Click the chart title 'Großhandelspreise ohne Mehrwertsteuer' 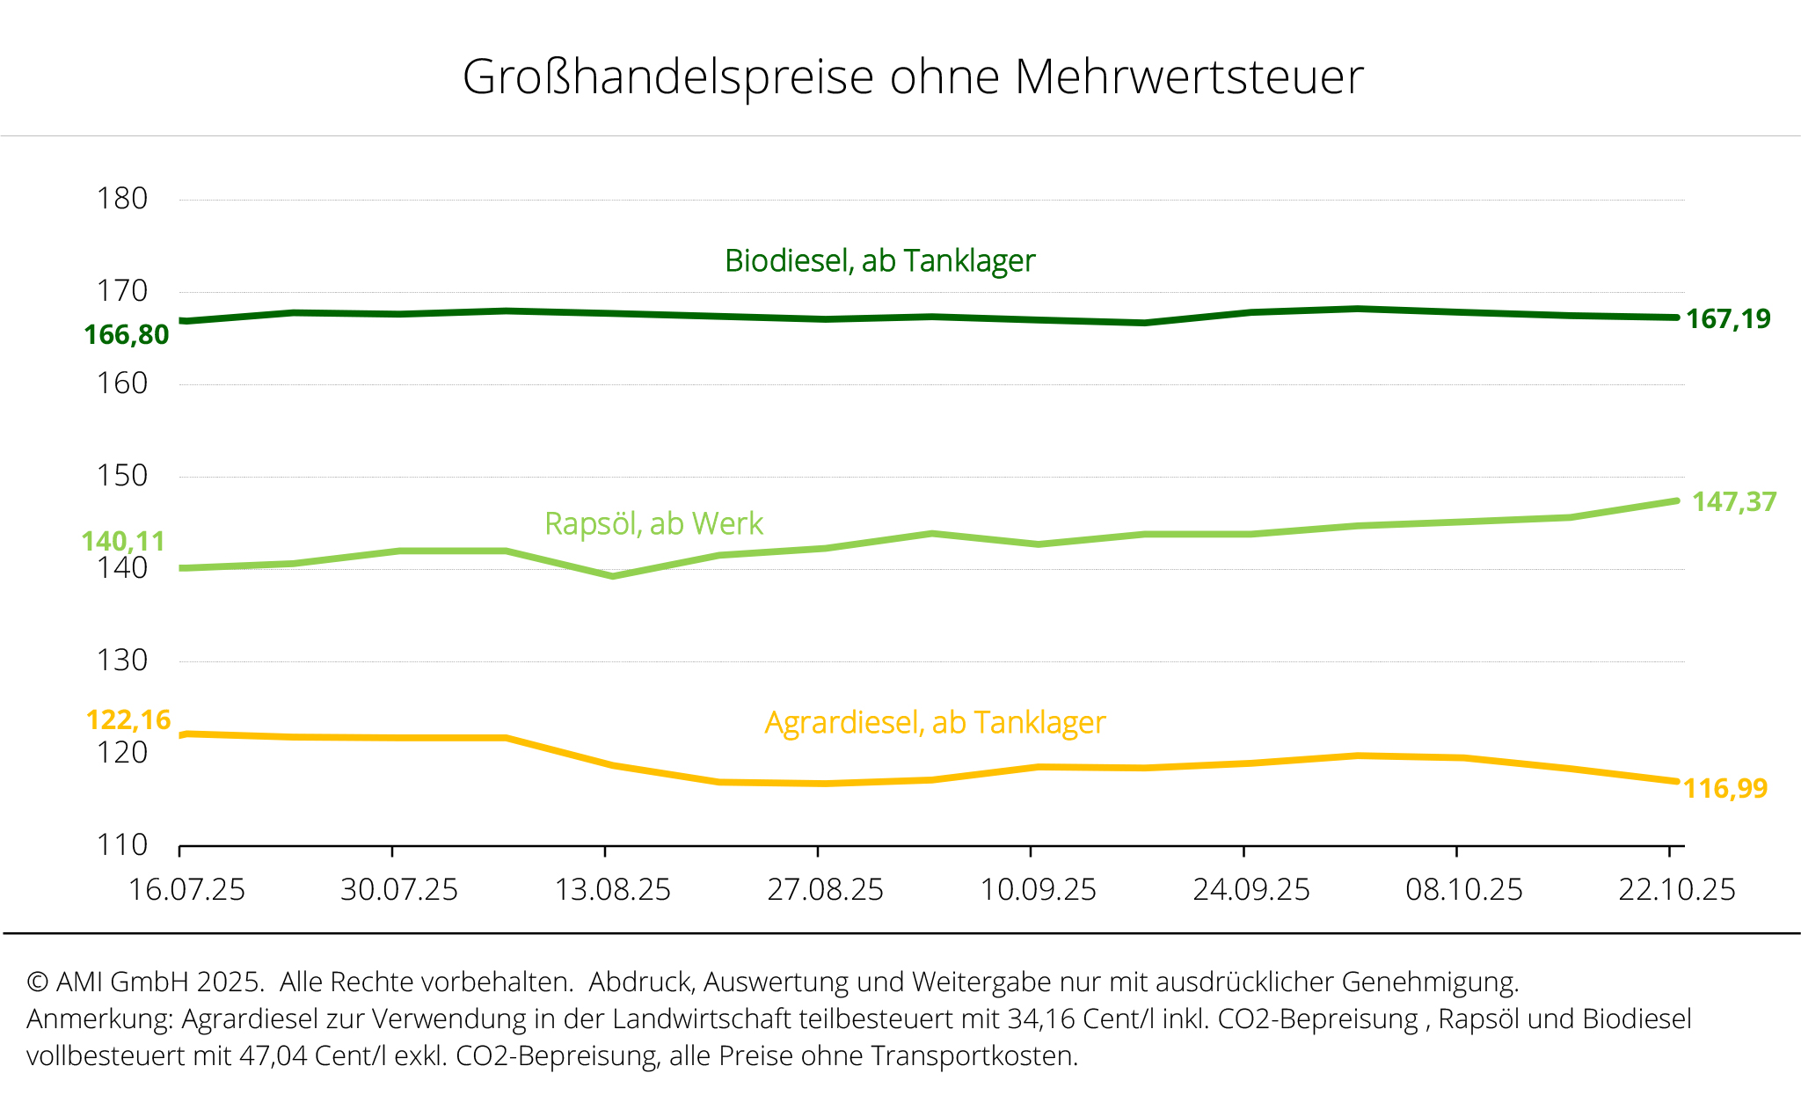[912, 77]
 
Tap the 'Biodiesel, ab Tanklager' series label [879, 261]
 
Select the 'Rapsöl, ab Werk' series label [653, 524]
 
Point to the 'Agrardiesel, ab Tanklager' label [935, 723]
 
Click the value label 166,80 [127, 335]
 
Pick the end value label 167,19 [1728, 319]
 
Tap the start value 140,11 [123, 542]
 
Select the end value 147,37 [1734, 502]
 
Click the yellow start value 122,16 [128, 720]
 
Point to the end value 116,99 [1725, 789]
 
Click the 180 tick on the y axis [122, 200]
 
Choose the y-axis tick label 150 [122, 477]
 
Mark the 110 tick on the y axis [122, 845]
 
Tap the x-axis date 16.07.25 [186, 890]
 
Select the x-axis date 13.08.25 [612, 890]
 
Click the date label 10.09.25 [1038, 890]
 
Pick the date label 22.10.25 [1677, 890]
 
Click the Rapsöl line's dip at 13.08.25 [613, 576]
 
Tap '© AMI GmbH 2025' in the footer [145, 982]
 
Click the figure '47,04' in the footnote [273, 1055]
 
